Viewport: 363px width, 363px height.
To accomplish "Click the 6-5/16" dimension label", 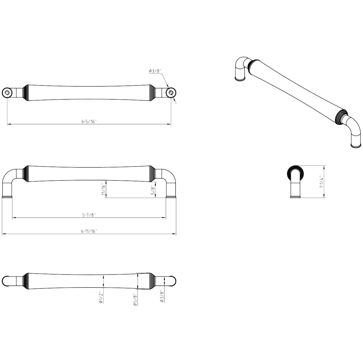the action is [89, 122].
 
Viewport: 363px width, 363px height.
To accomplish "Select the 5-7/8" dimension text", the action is [89, 215].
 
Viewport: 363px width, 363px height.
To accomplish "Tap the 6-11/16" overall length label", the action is [89, 231].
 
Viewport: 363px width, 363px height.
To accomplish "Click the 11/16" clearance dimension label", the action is [103, 189].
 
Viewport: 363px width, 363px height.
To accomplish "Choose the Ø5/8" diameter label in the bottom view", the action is [135, 299].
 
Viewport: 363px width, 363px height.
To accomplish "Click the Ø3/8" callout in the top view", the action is [155, 71].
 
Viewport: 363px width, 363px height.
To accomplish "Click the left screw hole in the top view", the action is [7, 93].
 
